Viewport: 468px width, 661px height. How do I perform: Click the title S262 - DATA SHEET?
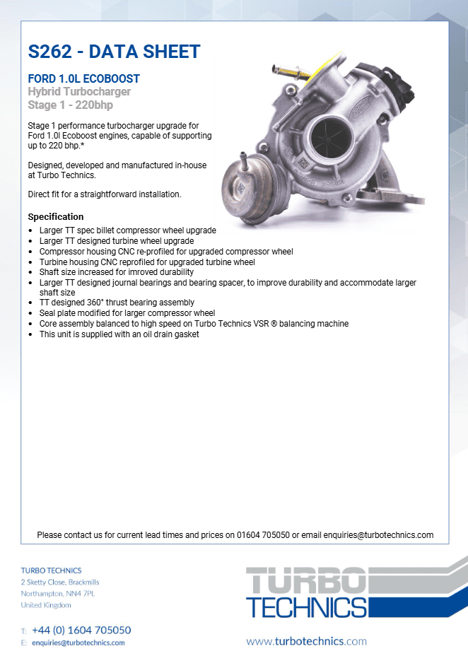click(x=114, y=52)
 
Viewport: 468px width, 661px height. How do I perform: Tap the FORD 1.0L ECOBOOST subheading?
click(x=83, y=78)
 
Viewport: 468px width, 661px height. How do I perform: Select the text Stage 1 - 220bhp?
click(x=70, y=105)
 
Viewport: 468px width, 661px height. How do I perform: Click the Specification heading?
click(x=56, y=216)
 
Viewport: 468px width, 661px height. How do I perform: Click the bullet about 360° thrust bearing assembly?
click(x=117, y=303)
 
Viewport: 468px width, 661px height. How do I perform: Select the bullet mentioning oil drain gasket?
click(x=119, y=334)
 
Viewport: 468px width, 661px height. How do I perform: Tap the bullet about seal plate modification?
click(x=127, y=313)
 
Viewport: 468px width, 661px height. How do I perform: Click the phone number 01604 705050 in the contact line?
click(x=263, y=535)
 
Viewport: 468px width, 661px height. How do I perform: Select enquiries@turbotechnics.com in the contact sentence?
click(x=378, y=535)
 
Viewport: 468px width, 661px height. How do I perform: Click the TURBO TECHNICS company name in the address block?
click(x=51, y=570)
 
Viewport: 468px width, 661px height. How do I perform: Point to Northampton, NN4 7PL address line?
click(x=58, y=594)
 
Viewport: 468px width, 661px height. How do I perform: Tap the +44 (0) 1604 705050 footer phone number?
click(x=81, y=630)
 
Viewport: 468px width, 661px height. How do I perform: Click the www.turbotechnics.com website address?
click(x=306, y=641)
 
